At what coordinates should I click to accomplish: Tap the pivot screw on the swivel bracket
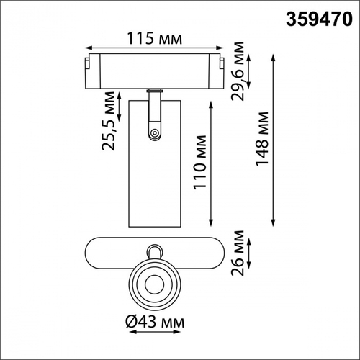pyautogui.click(x=153, y=132)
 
